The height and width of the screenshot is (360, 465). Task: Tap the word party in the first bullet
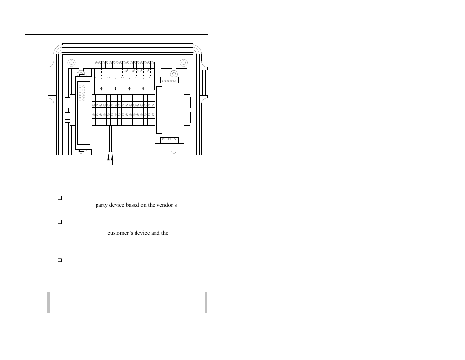pos(102,205)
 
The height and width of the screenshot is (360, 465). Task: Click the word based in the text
pos(120,205)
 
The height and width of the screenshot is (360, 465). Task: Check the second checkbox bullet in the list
pos(60,222)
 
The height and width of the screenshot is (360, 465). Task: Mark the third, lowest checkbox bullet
pos(60,260)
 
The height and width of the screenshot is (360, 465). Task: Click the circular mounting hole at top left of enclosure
pos(71,62)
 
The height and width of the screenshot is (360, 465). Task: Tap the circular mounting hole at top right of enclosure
pos(184,62)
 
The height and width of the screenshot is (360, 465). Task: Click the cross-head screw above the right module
pos(174,74)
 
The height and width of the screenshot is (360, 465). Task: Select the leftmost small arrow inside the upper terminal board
pos(101,88)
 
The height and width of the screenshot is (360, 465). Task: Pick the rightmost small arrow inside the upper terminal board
pos(143,88)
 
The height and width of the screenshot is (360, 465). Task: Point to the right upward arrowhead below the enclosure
pos(113,158)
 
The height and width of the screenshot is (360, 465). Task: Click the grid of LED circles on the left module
pos(81,94)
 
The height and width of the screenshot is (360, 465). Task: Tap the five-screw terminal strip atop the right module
pos(169,80)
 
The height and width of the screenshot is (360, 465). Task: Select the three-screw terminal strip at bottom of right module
pos(169,140)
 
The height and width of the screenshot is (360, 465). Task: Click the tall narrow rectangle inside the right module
pos(158,110)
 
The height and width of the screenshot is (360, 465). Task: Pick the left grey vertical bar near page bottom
pos(48,302)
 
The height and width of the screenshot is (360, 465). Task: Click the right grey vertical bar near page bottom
pos(206,302)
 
